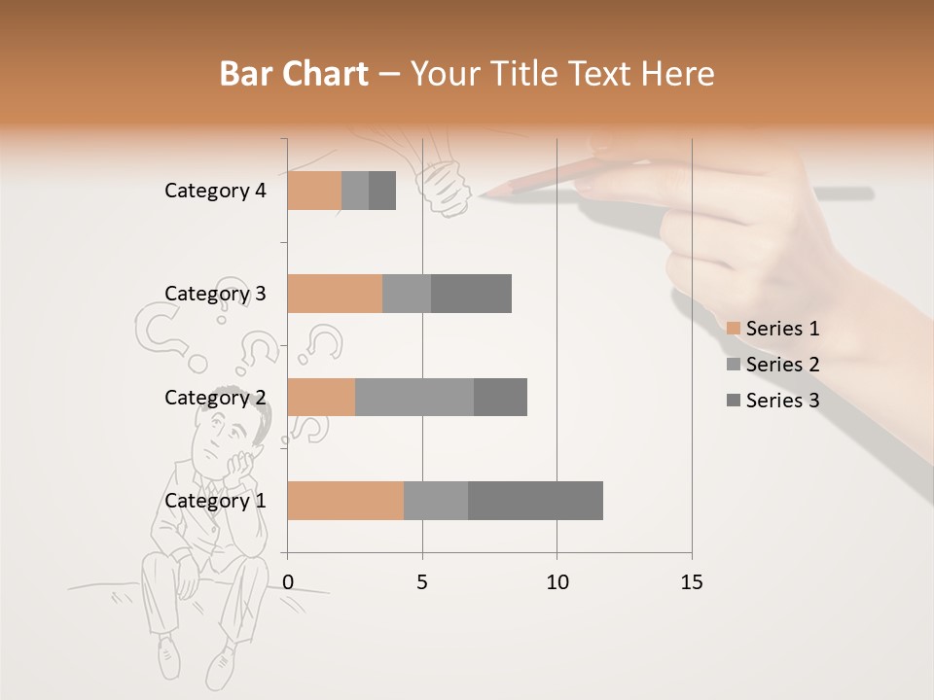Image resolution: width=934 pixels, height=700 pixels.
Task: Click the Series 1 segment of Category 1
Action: coord(345,501)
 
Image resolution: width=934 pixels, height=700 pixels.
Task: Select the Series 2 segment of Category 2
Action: coord(414,397)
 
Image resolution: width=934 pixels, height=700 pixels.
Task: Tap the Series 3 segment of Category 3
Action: coord(471,294)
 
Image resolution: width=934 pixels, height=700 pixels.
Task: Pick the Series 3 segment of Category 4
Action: coord(382,191)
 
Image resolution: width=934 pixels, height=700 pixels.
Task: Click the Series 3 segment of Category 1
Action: coord(535,501)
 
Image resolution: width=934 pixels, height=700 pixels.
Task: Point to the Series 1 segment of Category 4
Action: coord(314,191)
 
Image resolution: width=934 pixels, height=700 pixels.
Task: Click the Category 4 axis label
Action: coord(215,191)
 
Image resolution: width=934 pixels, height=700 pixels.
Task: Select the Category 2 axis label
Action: coord(215,397)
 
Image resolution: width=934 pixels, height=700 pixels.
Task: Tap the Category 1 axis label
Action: coord(215,501)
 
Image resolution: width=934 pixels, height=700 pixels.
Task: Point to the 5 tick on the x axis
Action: coord(422,582)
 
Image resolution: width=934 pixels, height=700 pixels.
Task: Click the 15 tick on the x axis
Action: coord(691,582)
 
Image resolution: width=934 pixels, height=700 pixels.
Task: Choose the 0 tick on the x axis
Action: coord(288,582)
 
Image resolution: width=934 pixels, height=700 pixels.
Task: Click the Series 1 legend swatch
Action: coord(734,329)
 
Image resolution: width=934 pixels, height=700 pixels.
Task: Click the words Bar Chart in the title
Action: coord(294,74)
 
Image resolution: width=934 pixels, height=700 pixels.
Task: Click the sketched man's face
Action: coord(223,437)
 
